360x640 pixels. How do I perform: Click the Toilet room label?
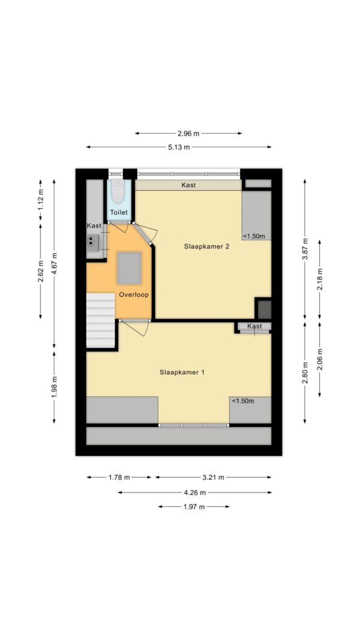pos(119,212)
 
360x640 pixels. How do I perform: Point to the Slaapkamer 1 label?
pos(182,372)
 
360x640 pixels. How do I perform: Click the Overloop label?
pos(134,295)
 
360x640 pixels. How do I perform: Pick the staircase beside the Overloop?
pos(100,321)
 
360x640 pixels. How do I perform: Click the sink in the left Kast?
pos(93,242)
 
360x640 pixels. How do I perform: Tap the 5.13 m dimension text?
pos(179,148)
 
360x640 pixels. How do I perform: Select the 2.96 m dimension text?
pos(188,133)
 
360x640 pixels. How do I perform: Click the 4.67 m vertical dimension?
pos(54,264)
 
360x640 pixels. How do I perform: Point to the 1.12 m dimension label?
pos(40,202)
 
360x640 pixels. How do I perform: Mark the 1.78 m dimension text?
pos(119,477)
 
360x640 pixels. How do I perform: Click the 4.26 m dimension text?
pos(195,492)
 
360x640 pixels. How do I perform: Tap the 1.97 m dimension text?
pos(193,507)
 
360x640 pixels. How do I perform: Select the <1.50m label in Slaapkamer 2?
pos(254,236)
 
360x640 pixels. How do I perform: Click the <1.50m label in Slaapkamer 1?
pos(243,401)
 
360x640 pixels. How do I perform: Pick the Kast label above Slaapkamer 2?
pos(188,185)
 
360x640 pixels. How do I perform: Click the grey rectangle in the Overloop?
pos(130,268)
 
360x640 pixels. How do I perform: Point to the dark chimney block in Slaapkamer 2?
pos(263,309)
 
